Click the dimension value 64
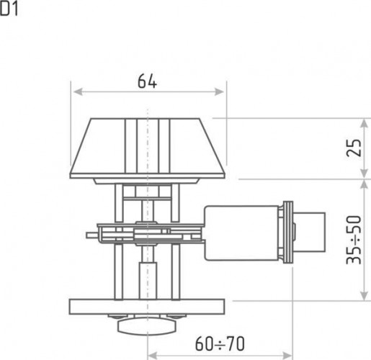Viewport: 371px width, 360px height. pyautogui.click(x=147, y=81)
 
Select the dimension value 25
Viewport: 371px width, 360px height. pyautogui.click(x=354, y=148)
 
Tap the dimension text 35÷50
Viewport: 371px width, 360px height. pyautogui.click(x=354, y=240)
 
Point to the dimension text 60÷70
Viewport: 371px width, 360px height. pyautogui.click(x=220, y=343)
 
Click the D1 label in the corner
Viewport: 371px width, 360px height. pyautogui.click(x=9, y=9)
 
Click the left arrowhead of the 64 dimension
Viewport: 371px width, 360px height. pyautogui.click(x=78, y=91)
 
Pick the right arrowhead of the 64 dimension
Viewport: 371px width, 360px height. pyautogui.click(x=219, y=91)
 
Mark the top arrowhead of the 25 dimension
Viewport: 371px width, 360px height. pyautogui.click(x=365, y=123)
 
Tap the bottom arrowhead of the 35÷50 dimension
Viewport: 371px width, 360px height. pyautogui.click(x=365, y=295)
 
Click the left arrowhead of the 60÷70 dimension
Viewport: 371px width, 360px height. pyautogui.click(x=152, y=355)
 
